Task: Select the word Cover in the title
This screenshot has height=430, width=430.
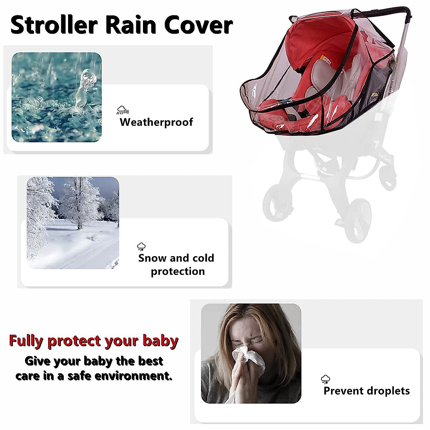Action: click(x=198, y=25)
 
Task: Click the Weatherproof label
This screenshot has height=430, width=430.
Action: click(x=156, y=122)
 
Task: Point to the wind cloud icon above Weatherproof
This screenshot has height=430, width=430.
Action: click(x=123, y=110)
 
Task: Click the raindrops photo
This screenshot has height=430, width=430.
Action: click(x=57, y=97)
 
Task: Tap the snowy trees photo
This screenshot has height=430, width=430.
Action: click(x=73, y=223)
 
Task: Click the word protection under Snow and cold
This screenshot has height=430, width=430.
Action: click(x=178, y=271)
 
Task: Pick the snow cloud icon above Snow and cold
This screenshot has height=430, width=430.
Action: click(x=142, y=246)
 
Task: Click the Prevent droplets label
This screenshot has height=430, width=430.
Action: click(x=366, y=391)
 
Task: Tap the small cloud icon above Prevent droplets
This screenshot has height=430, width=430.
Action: click(x=325, y=379)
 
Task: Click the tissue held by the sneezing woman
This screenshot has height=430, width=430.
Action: click(x=247, y=358)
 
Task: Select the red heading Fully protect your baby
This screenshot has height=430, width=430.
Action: click(x=94, y=341)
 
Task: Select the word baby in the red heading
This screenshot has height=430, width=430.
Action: click(x=160, y=341)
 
